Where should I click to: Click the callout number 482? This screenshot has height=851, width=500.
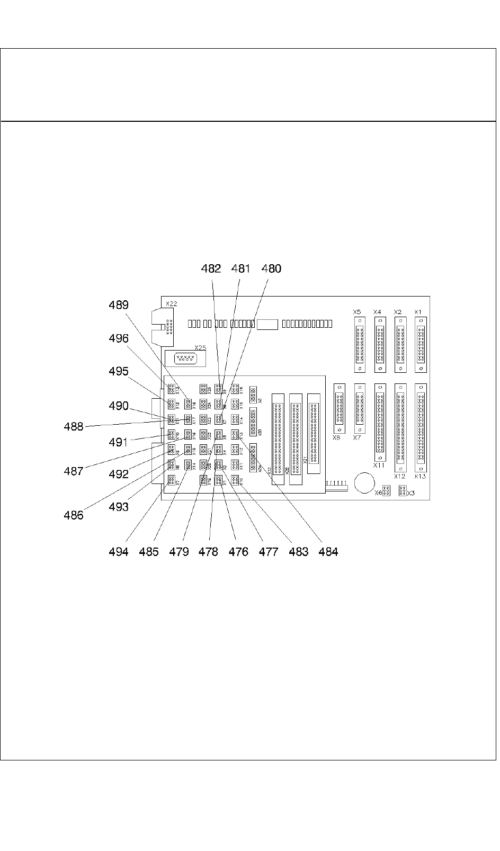point(211,268)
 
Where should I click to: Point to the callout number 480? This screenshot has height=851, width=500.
point(272,268)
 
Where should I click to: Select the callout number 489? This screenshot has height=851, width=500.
point(119,305)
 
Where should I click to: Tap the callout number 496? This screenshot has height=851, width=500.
point(119,338)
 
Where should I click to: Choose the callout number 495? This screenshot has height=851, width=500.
point(119,371)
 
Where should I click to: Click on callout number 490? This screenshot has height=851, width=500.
point(119,406)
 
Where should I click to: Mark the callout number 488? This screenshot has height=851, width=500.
point(74,426)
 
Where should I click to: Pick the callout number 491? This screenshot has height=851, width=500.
point(119,442)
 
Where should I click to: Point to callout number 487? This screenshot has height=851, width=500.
point(74,471)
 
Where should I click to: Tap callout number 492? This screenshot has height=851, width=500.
point(119,474)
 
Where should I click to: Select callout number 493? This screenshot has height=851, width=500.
point(119,507)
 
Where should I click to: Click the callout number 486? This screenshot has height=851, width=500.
point(74,515)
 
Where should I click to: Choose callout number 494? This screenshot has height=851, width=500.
point(119,552)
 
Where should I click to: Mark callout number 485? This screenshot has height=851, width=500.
point(149,552)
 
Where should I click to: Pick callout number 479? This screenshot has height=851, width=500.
point(179,552)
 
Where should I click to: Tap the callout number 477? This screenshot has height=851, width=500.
point(269,552)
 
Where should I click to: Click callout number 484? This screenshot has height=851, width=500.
point(328,552)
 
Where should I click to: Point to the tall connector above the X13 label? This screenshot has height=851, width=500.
point(421,427)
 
